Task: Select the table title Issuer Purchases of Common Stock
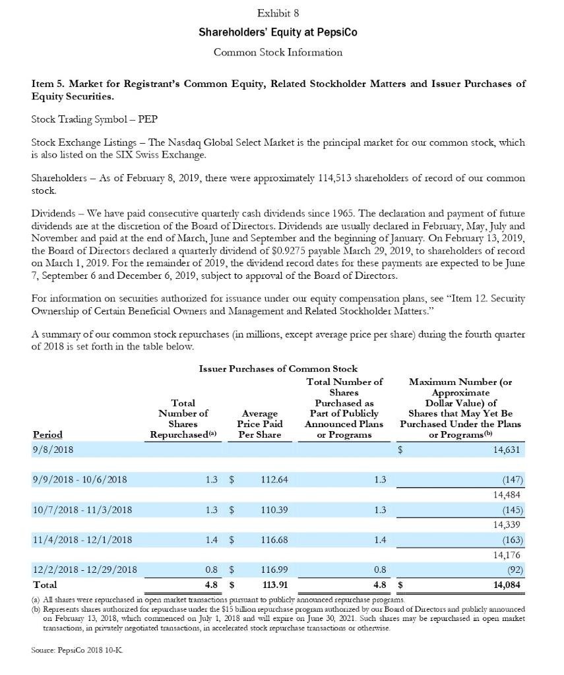(x=278, y=369)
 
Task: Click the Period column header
(x=47, y=434)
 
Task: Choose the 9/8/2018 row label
(x=53, y=450)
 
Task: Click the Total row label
(x=44, y=585)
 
